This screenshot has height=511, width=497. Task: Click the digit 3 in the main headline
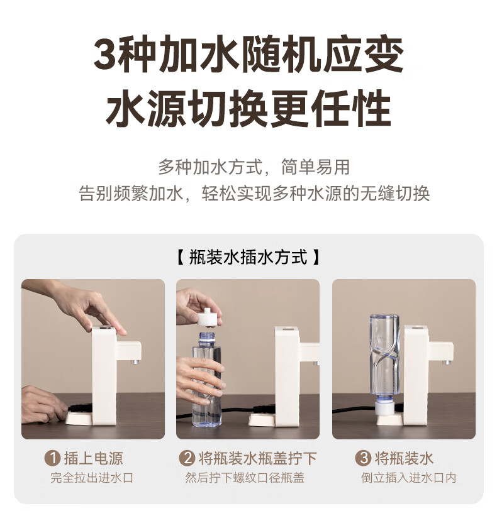105,55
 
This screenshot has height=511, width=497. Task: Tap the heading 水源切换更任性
248,107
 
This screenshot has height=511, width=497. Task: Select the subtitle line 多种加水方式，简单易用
254,167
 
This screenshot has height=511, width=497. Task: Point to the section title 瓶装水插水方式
248,257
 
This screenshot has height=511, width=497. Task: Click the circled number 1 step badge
52,458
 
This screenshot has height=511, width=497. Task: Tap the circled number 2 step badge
187,458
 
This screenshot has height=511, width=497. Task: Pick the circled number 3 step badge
363,458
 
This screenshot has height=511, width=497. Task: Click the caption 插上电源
94,458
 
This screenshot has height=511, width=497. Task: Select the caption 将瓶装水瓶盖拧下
258,458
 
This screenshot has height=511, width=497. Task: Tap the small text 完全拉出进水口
92,478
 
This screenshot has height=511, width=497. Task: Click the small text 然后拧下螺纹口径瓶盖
245,478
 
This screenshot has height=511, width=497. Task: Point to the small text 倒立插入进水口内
408,478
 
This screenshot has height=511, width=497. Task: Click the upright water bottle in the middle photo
206,379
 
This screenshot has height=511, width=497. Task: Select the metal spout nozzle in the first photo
136,362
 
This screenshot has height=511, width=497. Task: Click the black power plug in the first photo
79,408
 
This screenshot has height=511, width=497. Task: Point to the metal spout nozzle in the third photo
447,362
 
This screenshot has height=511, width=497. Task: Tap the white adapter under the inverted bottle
385,409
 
